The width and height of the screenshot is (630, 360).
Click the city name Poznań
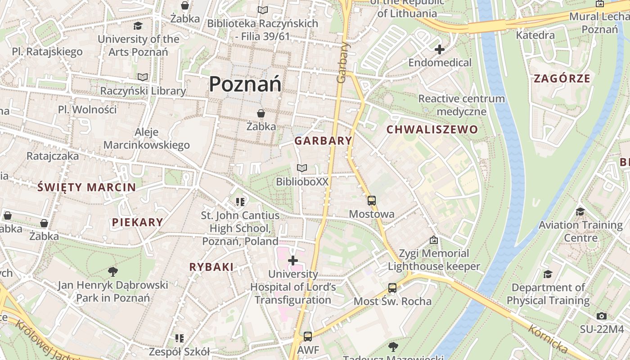(x=245, y=84)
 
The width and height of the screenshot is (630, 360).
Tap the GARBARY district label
(x=323, y=141)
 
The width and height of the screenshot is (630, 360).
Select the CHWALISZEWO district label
(x=432, y=130)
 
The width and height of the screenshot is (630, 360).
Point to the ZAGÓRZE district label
(x=562, y=79)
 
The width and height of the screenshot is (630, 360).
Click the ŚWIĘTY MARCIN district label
(x=87, y=188)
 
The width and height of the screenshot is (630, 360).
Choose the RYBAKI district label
(x=211, y=267)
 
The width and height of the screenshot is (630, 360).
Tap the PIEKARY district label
(x=137, y=222)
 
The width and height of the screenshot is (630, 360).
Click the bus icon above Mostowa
(x=372, y=201)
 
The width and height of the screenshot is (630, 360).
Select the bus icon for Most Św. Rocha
(x=392, y=288)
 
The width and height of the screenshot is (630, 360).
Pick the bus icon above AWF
(x=308, y=336)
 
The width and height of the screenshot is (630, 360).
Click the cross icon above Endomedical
(x=440, y=49)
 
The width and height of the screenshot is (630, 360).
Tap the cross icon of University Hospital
(x=293, y=261)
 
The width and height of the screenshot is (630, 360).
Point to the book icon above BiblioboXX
(x=302, y=168)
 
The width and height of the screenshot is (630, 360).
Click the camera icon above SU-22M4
(x=601, y=316)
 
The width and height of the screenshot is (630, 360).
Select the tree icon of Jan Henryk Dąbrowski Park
(x=113, y=271)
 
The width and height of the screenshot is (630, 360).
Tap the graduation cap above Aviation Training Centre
(x=580, y=211)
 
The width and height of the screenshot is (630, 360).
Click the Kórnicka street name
(x=548, y=338)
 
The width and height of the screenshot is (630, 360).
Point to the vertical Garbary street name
(x=343, y=63)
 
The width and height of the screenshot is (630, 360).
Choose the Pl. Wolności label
(x=87, y=109)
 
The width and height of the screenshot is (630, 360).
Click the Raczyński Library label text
(x=143, y=91)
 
